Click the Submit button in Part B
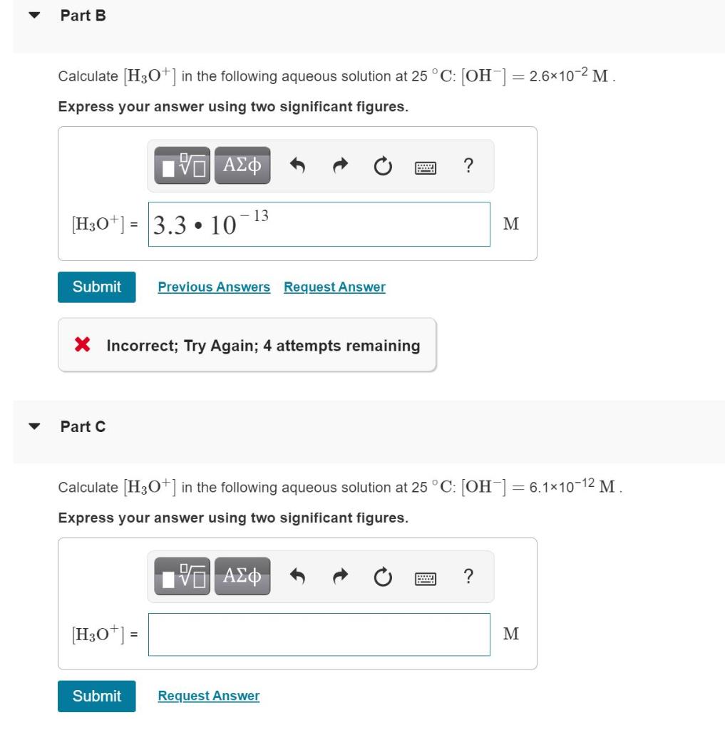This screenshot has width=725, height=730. (x=96, y=287)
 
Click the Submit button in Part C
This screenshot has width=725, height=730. (x=96, y=696)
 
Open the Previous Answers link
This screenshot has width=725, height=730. (x=214, y=287)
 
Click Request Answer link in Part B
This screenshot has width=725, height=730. (x=334, y=287)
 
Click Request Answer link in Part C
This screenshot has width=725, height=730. (x=209, y=696)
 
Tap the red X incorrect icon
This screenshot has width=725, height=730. (x=83, y=346)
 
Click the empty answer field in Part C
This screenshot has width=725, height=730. (x=319, y=634)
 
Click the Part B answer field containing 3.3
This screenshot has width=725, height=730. (x=319, y=225)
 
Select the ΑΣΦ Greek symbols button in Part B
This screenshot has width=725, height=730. (x=242, y=165)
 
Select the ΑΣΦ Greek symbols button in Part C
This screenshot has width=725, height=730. (x=242, y=575)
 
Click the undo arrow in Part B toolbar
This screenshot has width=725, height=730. (x=298, y=166)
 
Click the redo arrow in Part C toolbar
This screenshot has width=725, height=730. (x=340, y=576)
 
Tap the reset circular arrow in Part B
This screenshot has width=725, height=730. (x=383, y=166)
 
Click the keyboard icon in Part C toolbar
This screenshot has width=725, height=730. (x=426, y=577)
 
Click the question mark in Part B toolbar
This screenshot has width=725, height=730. (x=468, y=165)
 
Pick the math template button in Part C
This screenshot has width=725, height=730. (x=182, y=576)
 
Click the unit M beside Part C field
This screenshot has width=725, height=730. (x=511, y=634)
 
